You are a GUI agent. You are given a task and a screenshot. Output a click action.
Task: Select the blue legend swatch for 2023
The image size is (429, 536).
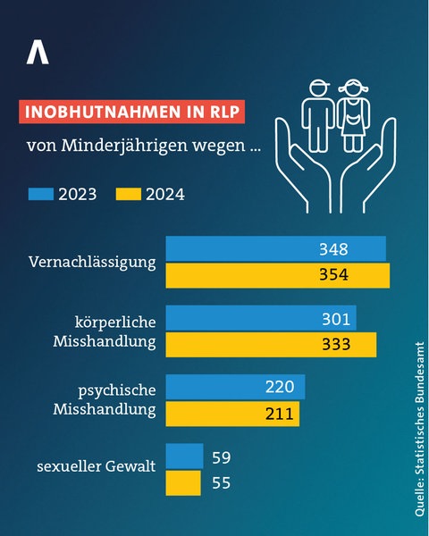click(x=42, y=193)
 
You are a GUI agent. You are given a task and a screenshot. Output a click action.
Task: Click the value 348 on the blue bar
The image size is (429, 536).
click(x=333, y=249)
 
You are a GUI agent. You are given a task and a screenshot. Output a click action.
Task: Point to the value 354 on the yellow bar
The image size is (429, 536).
click(x=333, y=275)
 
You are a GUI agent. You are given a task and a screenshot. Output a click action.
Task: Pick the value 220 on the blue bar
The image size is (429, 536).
click(x=280, y=387)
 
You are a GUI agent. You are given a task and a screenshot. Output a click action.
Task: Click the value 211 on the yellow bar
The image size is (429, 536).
click(x=280, y=413)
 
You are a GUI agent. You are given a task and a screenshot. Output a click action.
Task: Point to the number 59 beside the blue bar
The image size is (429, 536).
click(x=223, y=457)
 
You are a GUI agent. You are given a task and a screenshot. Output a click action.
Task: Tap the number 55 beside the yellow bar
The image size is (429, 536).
click(x=223, y=482)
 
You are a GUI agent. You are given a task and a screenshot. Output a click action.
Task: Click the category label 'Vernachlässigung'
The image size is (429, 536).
click(x=92, y=263)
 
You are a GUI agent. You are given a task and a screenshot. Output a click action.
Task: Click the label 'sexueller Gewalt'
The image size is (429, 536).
click(x=97, y=465)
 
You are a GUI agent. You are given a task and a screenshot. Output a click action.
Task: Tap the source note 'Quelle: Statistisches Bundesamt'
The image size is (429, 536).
click(x=418, y=427)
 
